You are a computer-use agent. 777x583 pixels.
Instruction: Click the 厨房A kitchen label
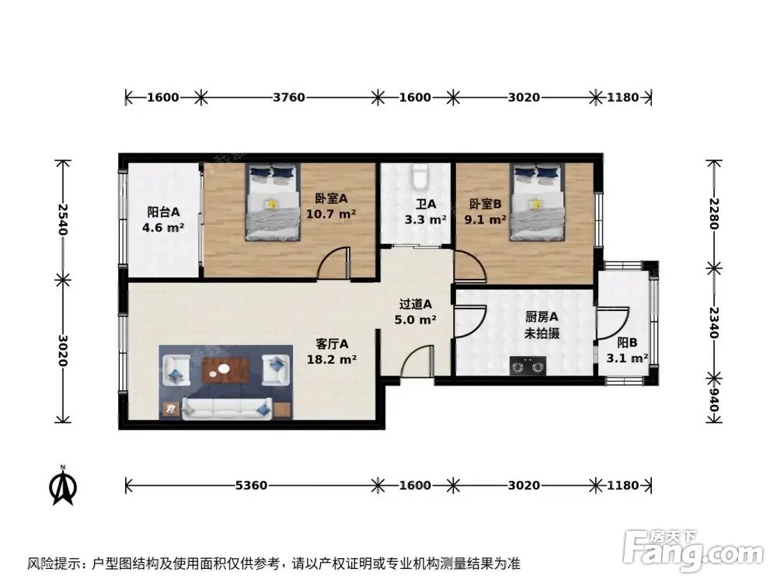[542, 316]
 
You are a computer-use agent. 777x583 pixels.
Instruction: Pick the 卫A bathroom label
[425, 204]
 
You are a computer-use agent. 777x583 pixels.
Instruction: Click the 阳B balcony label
[627, 343]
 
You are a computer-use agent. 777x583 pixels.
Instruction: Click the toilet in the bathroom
[420, 177]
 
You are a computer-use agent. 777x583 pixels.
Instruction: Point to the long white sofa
[225, 407]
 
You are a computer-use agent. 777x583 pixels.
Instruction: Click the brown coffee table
[225, 372]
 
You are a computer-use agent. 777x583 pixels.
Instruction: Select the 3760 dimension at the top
[289, 98]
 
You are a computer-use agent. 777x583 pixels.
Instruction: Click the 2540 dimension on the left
[63, 219]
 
